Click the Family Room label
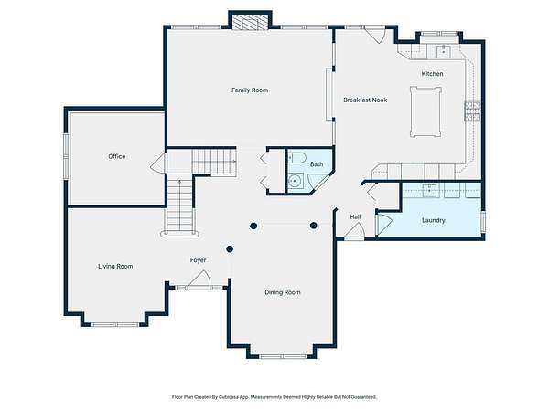(250, 90)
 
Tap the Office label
(116, 156)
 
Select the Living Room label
(115, 267)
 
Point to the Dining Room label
(283, 292)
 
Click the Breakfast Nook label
(365, 100)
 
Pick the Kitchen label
(432, 74)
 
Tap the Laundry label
(434, 220)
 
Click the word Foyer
(198, 260)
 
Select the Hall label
(355, 217)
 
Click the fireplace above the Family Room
(251, 22)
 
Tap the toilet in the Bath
(297, 157)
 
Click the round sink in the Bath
(296, 181)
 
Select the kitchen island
(425, 111)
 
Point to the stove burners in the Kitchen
(472, 111)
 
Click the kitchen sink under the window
(444, 51)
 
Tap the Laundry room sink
(429, 190)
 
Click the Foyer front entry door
(199, 279)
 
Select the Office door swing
(158, 163)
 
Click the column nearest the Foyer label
(230, 248)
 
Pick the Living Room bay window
(115, 324)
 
